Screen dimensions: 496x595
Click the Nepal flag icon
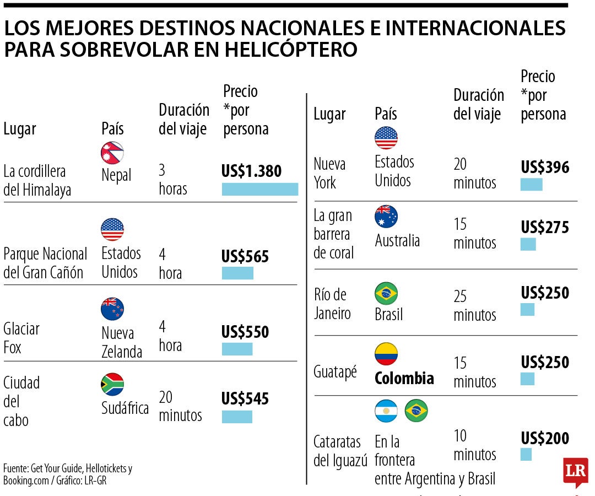[x=112, y=153]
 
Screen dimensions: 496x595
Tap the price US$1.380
[x=251, y=171]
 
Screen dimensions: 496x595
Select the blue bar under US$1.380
[x=259, y=189]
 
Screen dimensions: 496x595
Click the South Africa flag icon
[x=112, y=385]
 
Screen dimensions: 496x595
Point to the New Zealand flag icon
[x=112, y=309]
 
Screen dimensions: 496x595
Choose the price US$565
[x=245, y=256]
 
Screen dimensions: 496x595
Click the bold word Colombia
[x=404, y=378]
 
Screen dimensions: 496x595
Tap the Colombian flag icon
[x=386, y=354]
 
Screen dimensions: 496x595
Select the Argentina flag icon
[x=386, y=411]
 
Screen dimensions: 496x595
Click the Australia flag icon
[x=386, y=217]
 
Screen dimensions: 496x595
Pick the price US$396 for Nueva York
[x=545, y=167]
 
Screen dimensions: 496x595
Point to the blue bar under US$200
[x=526, y=454]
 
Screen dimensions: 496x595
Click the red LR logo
[x=575, y=471]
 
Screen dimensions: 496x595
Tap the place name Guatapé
[x=335, y=372]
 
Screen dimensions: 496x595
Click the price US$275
[x=545, y=227]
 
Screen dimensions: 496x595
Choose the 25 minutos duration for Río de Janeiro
[x=474, y=306]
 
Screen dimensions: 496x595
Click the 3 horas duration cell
[x=173, y=180]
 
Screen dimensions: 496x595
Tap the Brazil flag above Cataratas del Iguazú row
[x=416, y=411]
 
